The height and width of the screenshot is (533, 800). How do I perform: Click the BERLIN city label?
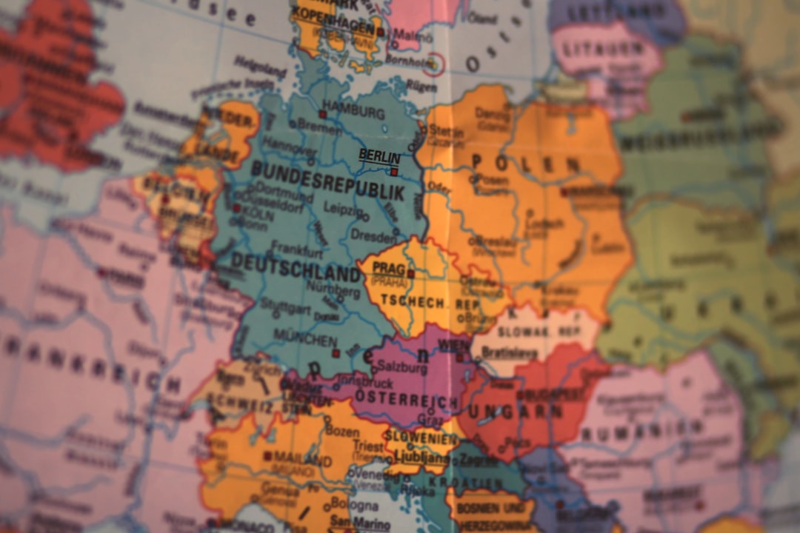coord(379,156)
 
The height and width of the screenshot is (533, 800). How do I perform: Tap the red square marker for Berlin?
coord(394,172)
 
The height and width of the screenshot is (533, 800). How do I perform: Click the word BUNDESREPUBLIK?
coord(327,181)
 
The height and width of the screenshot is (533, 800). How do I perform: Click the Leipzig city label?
coord(340,209)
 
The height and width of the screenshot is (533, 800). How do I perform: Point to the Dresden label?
coord(373,236)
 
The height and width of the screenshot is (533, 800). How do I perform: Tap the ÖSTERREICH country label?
coord(406,400)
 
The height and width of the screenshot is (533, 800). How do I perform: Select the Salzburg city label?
coord(402,368)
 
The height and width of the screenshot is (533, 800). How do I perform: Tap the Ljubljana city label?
coord(421,457)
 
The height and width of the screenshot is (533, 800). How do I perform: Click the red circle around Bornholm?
coord(433,64)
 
